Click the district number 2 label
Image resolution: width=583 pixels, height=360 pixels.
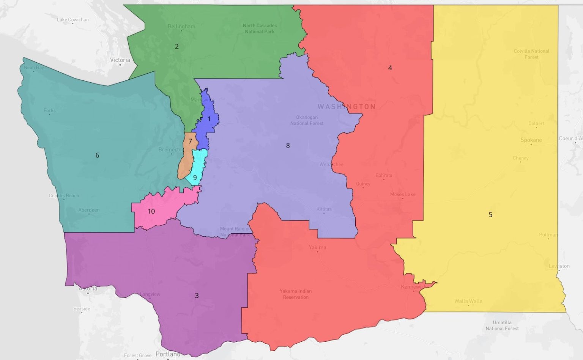click(176, 47)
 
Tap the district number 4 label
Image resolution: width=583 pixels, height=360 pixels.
click(390, 68)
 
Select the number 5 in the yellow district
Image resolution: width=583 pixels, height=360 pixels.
click(490, 215)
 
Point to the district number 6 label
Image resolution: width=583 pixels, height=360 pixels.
click(97, 155)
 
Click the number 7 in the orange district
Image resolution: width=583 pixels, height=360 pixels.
click(190, 141)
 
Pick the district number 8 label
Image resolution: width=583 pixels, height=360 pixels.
click(288, 145)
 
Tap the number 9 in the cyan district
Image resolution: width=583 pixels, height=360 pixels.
click(195, 178)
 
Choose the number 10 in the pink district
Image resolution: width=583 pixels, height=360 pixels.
click(151, 211)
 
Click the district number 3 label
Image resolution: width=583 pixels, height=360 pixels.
click(197, 296)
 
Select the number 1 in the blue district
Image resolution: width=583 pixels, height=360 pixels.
click(209, 119)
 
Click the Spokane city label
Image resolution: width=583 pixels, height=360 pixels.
click(531, 140)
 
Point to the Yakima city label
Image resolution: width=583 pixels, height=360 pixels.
click(317, 247)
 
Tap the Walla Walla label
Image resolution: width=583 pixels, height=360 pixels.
click(468, 301)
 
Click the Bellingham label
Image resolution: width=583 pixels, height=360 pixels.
click(181, 27)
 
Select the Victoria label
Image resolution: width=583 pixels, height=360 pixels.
click(120, 60)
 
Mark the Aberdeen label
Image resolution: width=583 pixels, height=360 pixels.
click(89, 210)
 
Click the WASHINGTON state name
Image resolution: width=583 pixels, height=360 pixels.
click(347, 107)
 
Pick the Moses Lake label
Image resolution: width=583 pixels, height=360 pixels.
click(403, 194)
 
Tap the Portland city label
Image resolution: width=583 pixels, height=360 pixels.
click(168, 354)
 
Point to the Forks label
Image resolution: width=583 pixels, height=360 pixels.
click(49, 110)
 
